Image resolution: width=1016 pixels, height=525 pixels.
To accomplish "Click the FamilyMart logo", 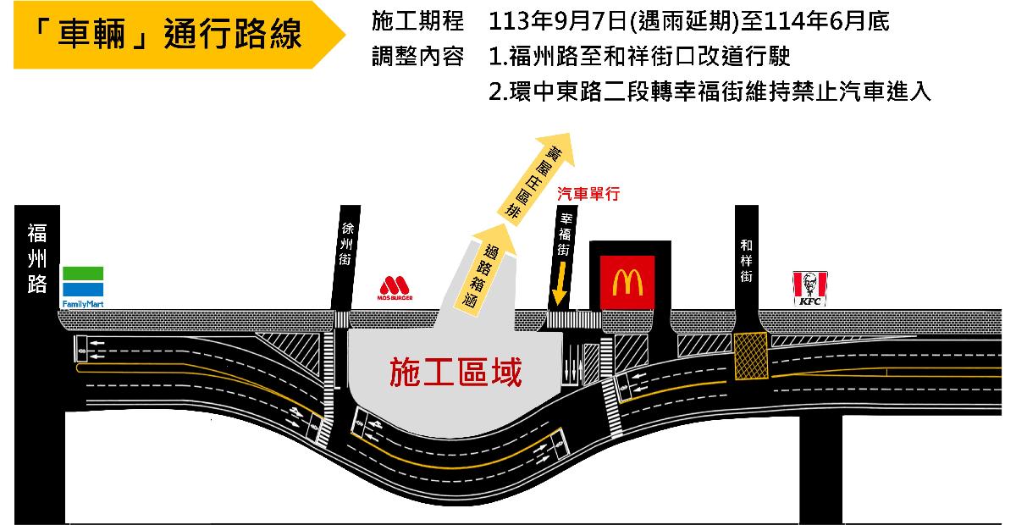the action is pyautogui.click(x=83, y=287).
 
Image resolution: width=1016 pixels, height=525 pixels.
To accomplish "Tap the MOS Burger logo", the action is pyautogui.click(x=395, y=288).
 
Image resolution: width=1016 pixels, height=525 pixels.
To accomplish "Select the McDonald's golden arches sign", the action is pyautogui.click(x=627, y=282).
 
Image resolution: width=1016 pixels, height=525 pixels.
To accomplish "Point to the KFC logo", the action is pyautogui.click(x=810, y=289).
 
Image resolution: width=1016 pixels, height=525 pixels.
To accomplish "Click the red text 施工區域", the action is pyautogui.click(x=456, y=372).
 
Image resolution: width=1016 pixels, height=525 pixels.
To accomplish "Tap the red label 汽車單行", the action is pyautogui.click(x=588, y=194).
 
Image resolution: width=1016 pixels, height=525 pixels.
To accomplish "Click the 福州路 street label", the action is pyautogui.click(x=37, y=258).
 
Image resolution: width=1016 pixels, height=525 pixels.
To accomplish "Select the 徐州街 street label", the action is pyautogui.click(x=346, y=244).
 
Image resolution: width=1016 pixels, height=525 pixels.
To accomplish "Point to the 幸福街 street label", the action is pyautogui.click(x=565, y=235).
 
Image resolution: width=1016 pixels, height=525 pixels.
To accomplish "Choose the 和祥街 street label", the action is pyautogui.click(x=746, y=261).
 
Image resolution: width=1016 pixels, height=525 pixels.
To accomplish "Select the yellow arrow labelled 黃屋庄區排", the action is pyautogui.click(x=536, y=179).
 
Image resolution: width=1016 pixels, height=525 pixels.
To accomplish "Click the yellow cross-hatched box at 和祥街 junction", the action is pyautogui.click(x=751, y=356).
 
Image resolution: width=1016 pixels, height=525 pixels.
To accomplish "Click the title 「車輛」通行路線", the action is pyautogui.click(x=167, y=34).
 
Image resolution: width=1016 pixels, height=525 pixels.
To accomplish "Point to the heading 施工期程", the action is pyautogui.click(x=417, y=21).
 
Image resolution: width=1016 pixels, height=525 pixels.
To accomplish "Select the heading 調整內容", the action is pyautogui.click(x=417, y=57).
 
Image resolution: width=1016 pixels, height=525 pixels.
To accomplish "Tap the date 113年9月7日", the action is pyautogui.click(x=558, y=21).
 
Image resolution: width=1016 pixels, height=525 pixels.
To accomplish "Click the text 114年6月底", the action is pyautogui.click(x=826, y=21).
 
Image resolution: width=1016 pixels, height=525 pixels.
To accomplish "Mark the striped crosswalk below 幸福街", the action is pyautogui.click(x=574, y=320).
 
